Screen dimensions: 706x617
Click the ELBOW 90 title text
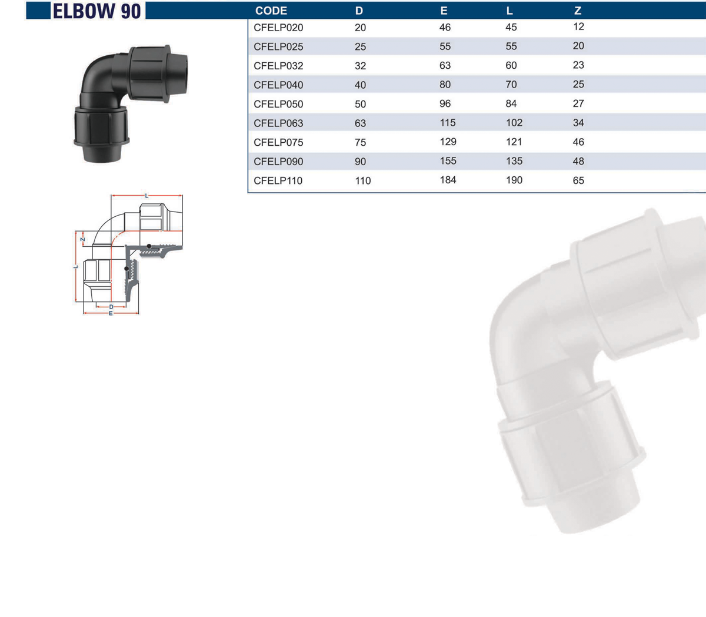pos(96,11)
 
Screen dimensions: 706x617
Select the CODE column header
pos(271,11)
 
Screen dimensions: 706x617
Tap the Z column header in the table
pos(578,11)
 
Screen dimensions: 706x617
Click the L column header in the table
pos(509,11)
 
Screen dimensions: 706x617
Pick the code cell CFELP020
pos(278,28)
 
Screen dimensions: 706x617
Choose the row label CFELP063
pos(278,123)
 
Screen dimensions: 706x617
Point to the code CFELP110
pos(278,180)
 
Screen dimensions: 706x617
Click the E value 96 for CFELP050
pos(445,103)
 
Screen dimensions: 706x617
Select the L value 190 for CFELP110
pos(514,180)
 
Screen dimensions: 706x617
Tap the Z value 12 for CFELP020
pos(579,26)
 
